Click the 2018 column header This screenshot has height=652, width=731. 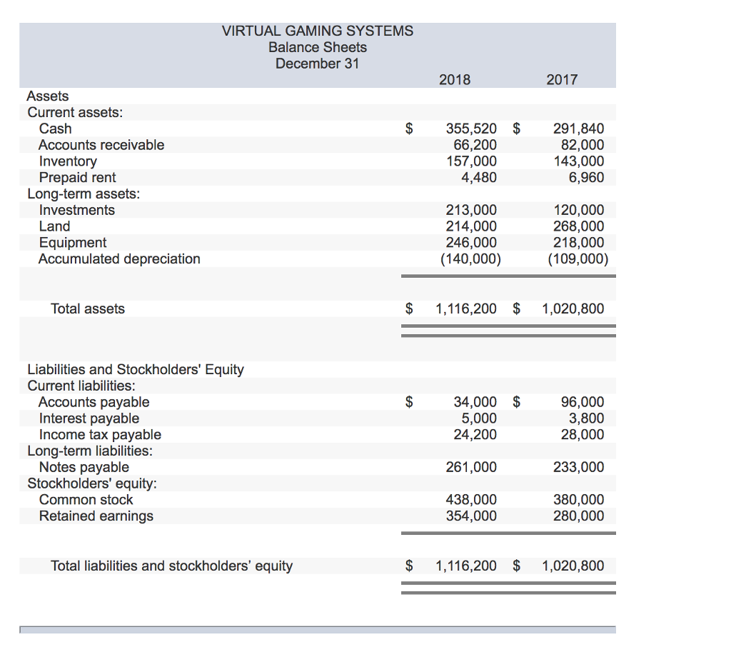[455, 80]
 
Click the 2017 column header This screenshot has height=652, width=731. [562, 80]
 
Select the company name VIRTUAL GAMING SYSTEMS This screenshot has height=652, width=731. [317, 31]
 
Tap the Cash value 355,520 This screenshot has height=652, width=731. [471, 129]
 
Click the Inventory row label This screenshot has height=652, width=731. [68, 161]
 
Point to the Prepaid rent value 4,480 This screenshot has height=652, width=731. [479, 177]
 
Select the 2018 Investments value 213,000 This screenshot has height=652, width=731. [471, 210]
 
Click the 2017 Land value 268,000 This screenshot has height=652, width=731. [578, 226]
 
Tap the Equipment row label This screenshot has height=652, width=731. [72, 243]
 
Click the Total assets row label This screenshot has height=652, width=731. [87, 309]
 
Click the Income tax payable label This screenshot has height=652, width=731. [100, 435]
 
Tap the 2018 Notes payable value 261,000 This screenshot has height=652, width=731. [471, 467]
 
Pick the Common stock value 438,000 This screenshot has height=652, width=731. [471, 500]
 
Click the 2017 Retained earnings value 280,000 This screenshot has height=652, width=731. [578, 516]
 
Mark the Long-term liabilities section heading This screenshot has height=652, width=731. [90, 451]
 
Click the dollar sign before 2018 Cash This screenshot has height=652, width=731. [409, 129]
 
